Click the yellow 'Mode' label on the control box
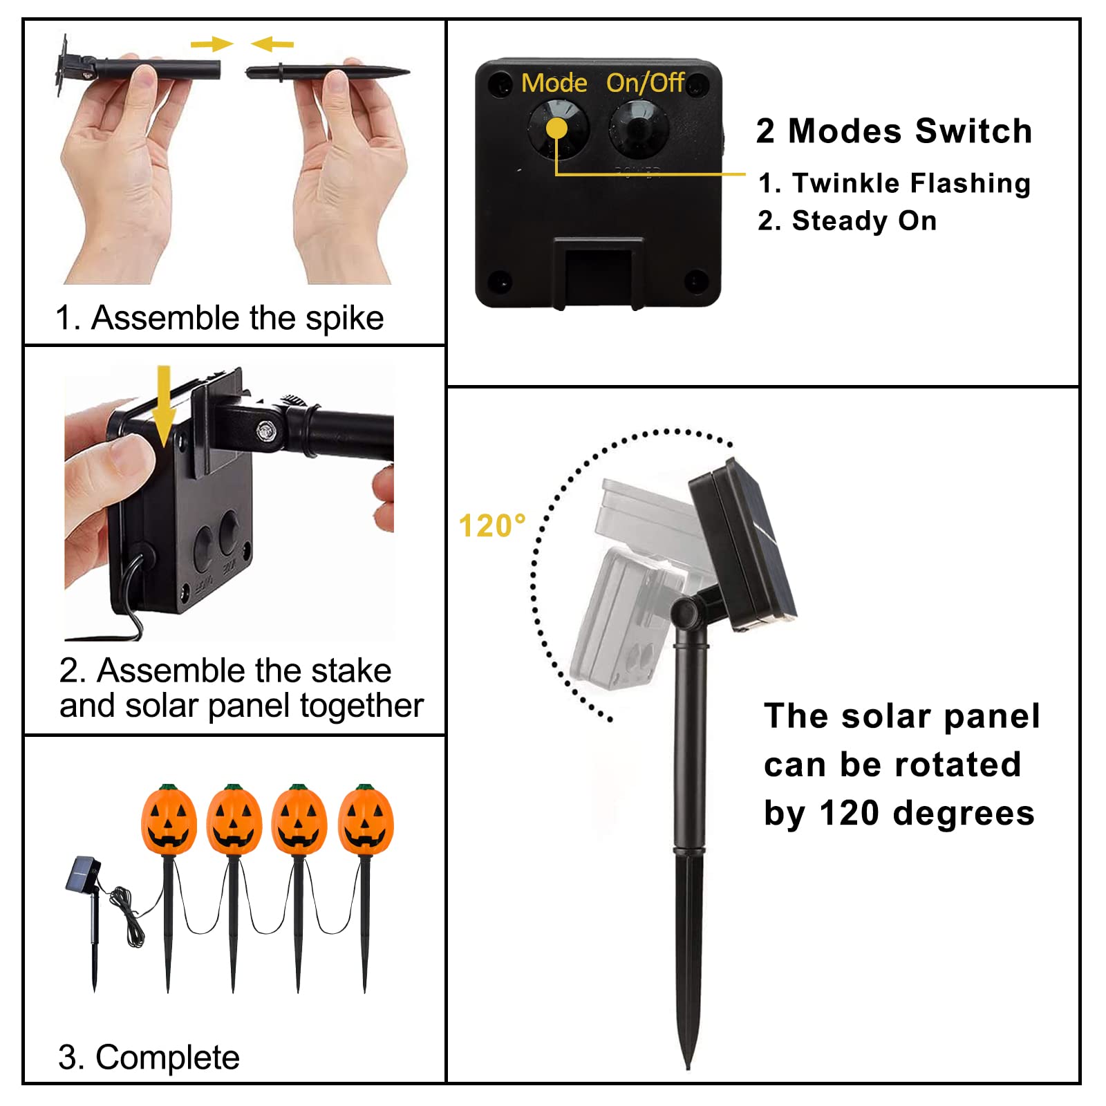554,83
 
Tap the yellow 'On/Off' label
645,83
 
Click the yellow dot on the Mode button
556,129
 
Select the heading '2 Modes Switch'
894,131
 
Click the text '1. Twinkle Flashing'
894,183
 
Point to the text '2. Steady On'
847,221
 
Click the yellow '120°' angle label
492,526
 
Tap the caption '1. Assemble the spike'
219,319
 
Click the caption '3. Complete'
149,1058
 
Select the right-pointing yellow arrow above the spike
212,44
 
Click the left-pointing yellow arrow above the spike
272,44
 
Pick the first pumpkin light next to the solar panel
169,821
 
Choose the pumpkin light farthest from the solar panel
366,821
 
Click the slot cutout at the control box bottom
599,273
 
